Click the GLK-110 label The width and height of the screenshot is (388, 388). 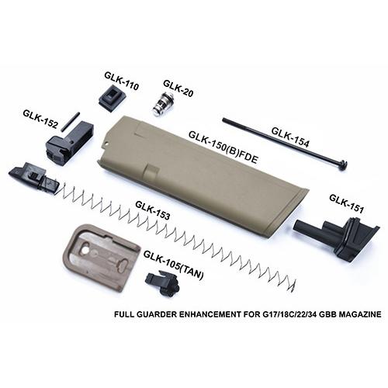(x=122, y=81)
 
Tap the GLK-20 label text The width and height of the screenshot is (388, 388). (x=178, y=88)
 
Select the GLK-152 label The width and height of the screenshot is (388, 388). (x=40, y=119)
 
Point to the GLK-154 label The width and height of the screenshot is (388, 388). (x=290, y=137)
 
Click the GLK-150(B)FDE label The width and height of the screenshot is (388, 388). (x=223, y=147)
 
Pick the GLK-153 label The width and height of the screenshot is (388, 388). (x=153, y=210)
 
